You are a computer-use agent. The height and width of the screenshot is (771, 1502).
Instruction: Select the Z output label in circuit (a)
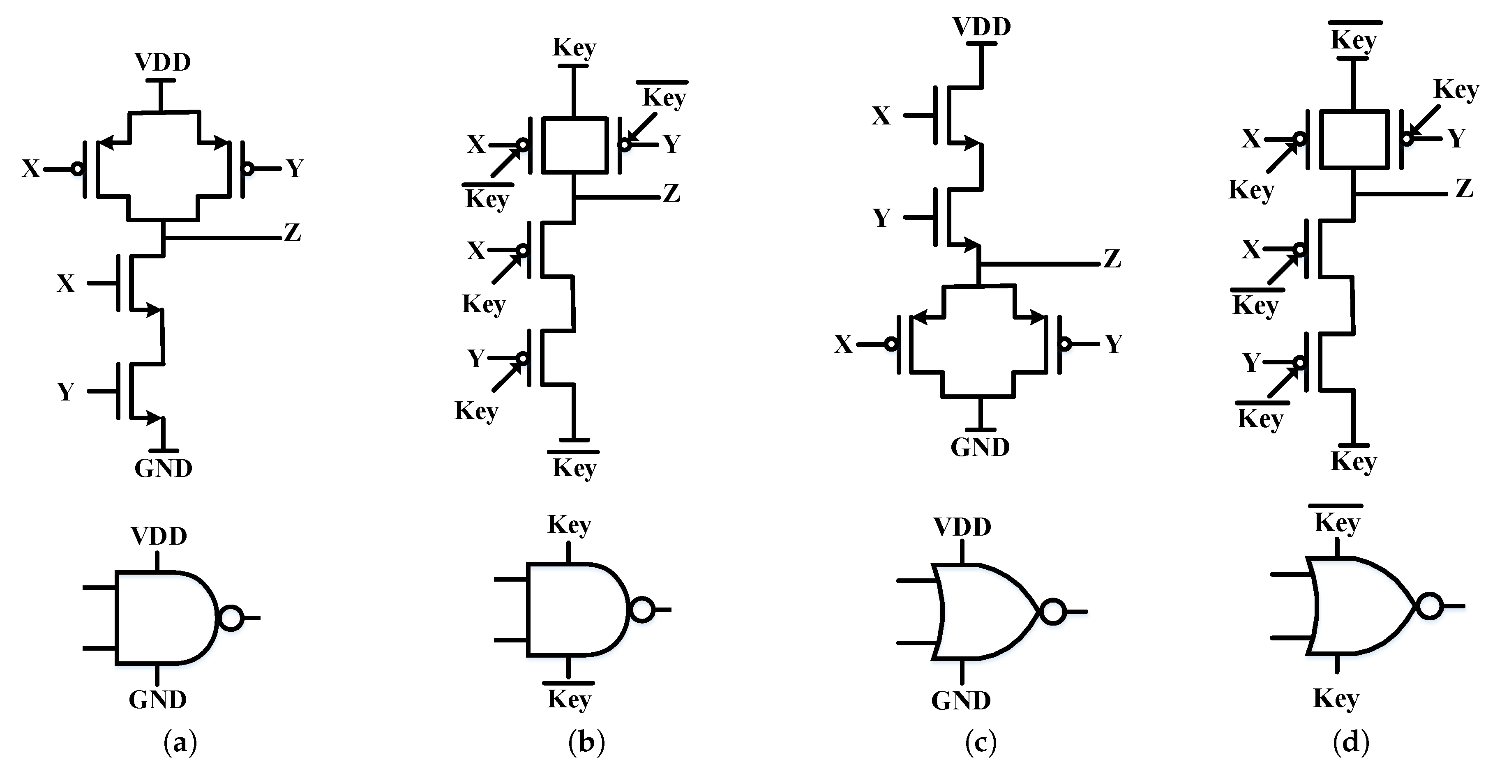pos(292,233)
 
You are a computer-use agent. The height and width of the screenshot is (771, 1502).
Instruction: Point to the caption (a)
pos(180,743)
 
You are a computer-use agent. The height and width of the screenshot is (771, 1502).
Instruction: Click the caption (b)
pos(586,743)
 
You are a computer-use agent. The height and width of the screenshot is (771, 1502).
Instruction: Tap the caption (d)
pos(1350,743)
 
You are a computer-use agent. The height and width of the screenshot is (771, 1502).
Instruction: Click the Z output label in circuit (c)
pos(1112,259)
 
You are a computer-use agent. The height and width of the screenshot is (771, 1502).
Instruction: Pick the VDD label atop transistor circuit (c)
pos(982,27)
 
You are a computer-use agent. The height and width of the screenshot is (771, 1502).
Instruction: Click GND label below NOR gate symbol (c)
pos(961,700)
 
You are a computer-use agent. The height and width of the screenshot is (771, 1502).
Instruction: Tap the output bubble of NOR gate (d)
pos(1430,606)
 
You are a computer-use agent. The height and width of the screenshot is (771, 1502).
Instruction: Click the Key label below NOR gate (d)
pos(1336,698)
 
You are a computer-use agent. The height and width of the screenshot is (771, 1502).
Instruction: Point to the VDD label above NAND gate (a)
pos(159,536)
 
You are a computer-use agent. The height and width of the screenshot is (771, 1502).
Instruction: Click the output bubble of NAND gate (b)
pos(642,610)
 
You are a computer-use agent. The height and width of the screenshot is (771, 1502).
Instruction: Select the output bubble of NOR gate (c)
pos(1053,612)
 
